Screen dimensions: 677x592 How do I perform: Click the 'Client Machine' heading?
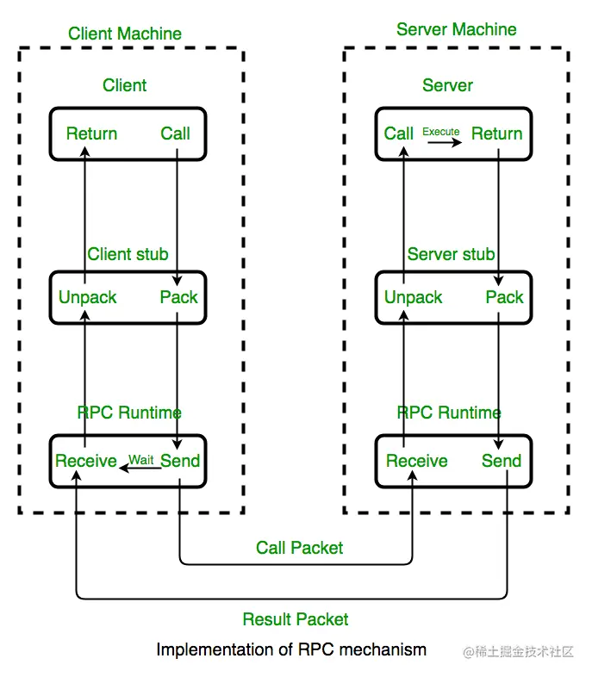[125, 34]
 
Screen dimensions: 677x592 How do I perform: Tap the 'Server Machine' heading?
[457, 29]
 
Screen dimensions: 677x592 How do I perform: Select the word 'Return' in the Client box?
[91, 134]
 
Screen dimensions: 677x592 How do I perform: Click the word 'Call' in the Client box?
[176, 134]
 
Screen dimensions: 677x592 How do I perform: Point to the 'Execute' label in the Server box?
[440, 132]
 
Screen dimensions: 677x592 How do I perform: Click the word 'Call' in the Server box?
[399, 134]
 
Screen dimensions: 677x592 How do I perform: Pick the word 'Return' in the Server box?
[496, 134]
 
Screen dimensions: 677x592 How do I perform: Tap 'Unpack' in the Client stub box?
[87, 297]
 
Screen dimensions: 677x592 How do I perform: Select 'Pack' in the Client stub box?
[178, 297]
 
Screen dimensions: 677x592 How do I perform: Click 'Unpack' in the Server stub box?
[413, 297]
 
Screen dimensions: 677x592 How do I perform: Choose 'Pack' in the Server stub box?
[504, 297]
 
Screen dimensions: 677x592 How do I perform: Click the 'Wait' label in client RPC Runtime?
[141, 460]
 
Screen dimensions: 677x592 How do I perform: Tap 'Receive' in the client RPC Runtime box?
[85, 461]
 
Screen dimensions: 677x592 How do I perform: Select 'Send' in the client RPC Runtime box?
[180, 461]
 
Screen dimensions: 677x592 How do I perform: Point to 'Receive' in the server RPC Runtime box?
[417, 461]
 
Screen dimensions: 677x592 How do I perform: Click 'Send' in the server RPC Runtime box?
[502, 461]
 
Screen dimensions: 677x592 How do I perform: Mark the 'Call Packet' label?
[300, 548]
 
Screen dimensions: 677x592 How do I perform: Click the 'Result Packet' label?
[296, 619]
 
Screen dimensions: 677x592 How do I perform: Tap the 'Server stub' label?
[451, 254]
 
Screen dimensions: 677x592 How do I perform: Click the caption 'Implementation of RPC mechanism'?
[291, 649]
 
